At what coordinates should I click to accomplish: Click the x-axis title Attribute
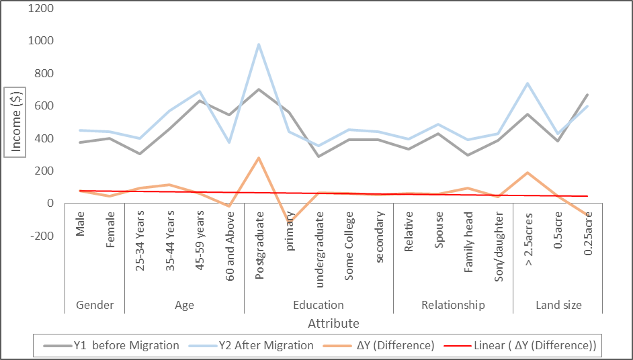point(333,323)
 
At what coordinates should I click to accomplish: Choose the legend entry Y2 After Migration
point(266,345)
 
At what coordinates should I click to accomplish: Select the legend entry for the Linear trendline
point(535,345)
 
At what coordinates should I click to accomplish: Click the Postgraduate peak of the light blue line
point(259,44)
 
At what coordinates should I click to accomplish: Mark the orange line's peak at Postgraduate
point(259,158)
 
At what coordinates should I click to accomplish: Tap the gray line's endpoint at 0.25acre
point(589,95)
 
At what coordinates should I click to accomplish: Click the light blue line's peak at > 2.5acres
point(529,83)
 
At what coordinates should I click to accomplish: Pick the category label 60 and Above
point(230,243)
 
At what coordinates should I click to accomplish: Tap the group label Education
point(319,305)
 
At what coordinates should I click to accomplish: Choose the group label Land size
point(558,305)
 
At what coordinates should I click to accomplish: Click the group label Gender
point(95,305)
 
